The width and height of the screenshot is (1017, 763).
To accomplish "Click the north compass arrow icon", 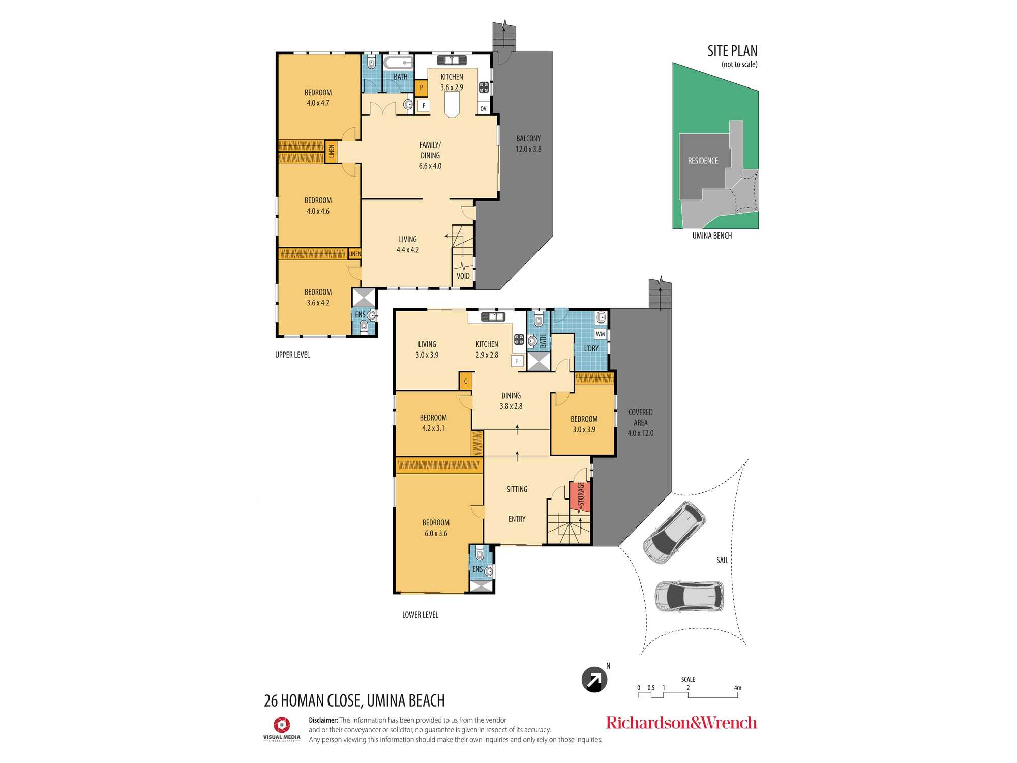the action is pyautogui.click(x=594, y=680).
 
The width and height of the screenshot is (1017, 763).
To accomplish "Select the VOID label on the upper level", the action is pyautogui.click(x=463, y=276).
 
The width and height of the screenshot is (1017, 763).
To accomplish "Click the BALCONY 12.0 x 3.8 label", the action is pyautogui.click(x=528, y=143).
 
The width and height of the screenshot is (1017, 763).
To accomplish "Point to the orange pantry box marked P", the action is pyautogui.click(x=421, y=88).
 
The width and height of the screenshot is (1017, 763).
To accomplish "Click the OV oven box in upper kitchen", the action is pyautogui.click(x=483, y=108).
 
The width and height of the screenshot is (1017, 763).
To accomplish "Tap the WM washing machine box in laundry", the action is pyautogui.click(x=601, y=334).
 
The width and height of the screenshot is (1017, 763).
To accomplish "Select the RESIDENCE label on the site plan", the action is pyautogui.click(x=703, y=161).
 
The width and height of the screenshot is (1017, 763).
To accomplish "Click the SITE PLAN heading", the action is pyautogui.click(x=732, y=51).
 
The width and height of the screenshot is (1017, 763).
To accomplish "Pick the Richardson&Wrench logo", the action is pyautogui.click(x=681, y=723).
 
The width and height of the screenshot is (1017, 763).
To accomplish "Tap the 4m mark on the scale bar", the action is pyautogui.click(x=738, y=688).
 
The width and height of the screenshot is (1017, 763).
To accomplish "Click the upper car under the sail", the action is pyautogui.click(x=674, y=533).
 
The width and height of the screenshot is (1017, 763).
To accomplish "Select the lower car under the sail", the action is pyautogui.click(x=689, y=596).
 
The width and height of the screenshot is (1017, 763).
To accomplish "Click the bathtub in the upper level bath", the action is pyautogui.click(x=398, y=63).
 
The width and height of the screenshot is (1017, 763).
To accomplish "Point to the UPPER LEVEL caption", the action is pyautogui.click(x=292, y=355).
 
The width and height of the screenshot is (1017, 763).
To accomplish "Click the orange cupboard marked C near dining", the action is pyautogui.click(x=465, y=381).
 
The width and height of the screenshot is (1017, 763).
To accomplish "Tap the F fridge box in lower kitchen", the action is pyautogui.click(x=517, y=361).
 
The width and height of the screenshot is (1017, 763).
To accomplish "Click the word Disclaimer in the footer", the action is pyautogui.click(x=323, y=720).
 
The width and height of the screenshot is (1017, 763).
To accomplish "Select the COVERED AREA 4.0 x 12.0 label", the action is pyautogui.click(x=641, y=423).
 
